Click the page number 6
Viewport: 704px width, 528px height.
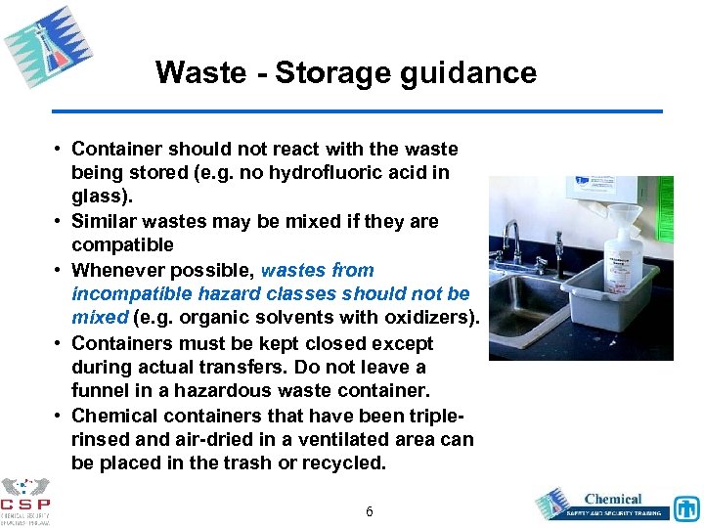(x=369, y=511)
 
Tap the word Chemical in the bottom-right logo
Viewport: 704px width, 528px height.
(x=612, y=500)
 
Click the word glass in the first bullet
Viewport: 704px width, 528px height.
(x=96, y=197)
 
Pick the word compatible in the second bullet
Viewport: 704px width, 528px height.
(x=122, y=244)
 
